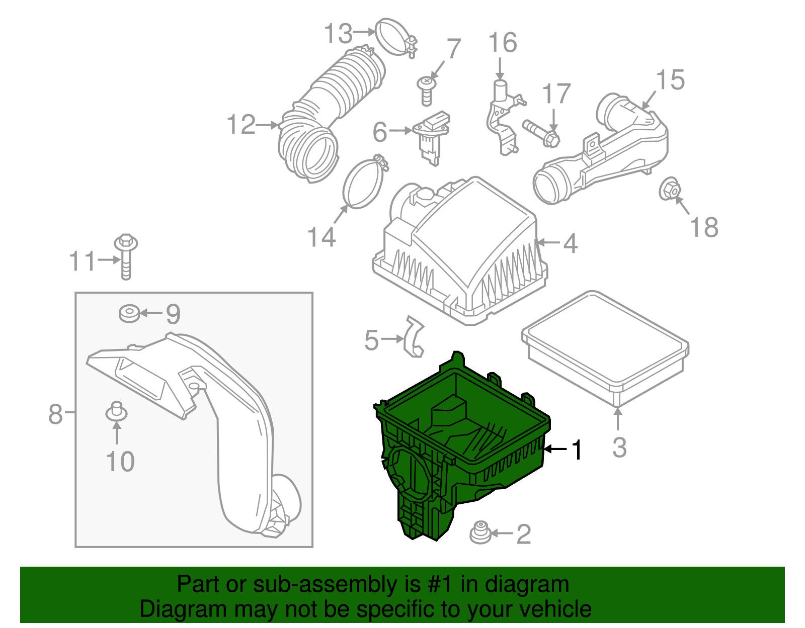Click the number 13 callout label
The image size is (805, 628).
coord(338,34)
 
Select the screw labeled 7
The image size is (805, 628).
coord(426,91)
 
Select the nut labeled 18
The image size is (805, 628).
coord(669,189)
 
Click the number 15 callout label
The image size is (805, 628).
coord(670,80)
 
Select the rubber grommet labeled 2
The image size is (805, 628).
coord(480,533)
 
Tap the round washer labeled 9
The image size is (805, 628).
coord(129,313)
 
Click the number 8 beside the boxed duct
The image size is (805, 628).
coord(55,414)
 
